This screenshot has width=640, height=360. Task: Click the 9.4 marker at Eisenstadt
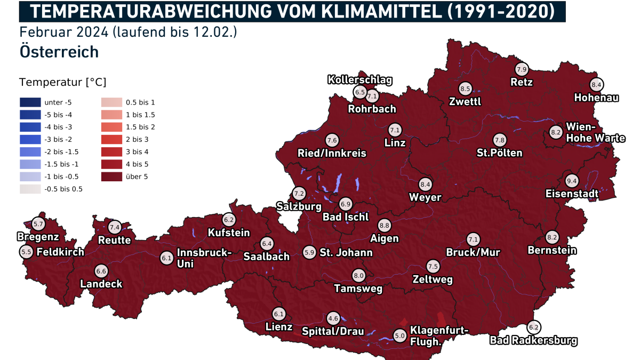click(572, 180)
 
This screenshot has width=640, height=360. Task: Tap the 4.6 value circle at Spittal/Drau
click(333, 318)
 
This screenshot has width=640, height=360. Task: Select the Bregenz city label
click(38, 236)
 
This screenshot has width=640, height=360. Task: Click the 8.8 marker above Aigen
click(384, 225)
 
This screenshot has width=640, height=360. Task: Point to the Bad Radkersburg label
click(533, 340)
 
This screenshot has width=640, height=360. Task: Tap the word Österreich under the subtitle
click(59, 52)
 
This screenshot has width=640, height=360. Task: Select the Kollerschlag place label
click(359, 80)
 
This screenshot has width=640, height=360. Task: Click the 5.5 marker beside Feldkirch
click(26, 251)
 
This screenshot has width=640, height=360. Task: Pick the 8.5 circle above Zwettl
click(465, 89)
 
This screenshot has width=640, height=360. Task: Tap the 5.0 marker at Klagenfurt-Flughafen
click(399, 335)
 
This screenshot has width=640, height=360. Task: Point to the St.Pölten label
click(499, 153)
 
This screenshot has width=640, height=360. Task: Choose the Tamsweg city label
click(358, 289)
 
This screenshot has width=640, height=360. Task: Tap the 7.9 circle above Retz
click(521, 69)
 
